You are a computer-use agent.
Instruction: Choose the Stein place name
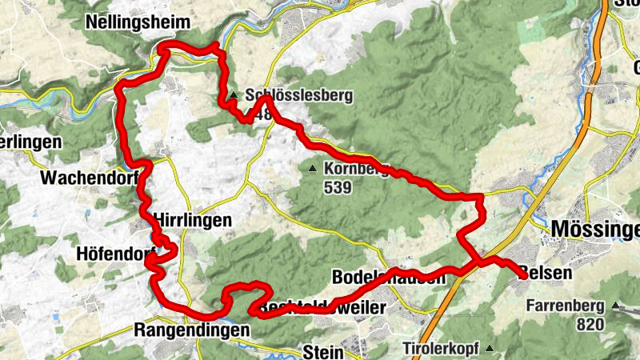coord(323,351)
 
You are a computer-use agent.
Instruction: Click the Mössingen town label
coord(595,230)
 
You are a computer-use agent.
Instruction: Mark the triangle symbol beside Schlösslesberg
coord(233,96)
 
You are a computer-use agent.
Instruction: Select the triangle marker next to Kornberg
coord(313,169)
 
